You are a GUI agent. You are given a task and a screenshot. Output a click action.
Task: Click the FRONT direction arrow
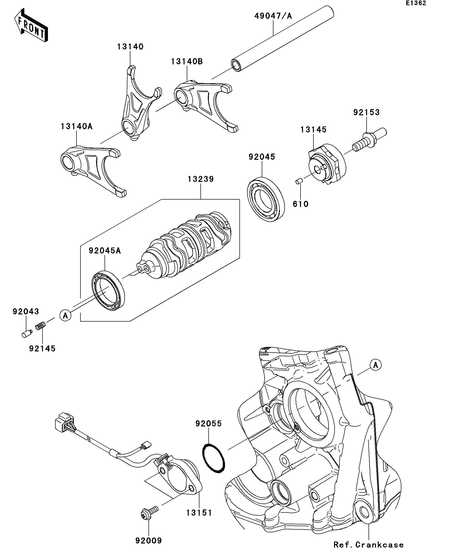[x=31, y=25]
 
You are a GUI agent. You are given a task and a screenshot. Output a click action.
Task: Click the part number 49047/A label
[x=273, y=16]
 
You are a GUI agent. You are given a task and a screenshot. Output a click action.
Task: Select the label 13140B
[x=187, y=62]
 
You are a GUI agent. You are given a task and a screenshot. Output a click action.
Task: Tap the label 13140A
[x=76, y=126]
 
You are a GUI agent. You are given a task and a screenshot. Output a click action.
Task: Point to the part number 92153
[x=366, y=113]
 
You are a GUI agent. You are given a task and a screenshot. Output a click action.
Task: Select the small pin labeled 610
[x=299, y=181]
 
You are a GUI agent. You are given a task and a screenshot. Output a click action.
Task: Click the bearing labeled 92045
[x=265, y=199]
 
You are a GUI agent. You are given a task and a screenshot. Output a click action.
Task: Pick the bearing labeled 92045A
[x=108, y=291]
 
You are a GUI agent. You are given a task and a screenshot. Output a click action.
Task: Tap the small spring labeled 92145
[x=40, y=326]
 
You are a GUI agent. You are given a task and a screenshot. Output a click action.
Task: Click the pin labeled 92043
[x=26, y=334]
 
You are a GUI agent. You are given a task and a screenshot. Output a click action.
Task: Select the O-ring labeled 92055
[x=214, y=459]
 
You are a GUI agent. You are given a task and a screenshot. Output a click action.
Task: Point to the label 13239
[x=200, y=179]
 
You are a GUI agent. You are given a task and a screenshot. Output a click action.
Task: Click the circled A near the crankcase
[x=376, y=365]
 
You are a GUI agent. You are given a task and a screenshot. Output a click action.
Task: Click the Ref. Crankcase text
[x=369, y=544]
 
